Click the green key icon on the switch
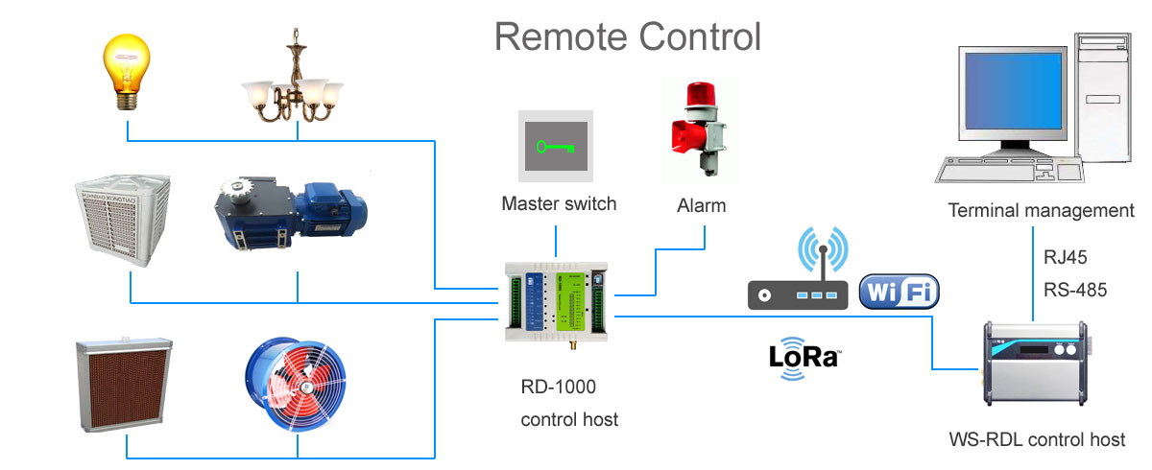point(556,147)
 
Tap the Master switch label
point(558,204)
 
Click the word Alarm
point(702,205)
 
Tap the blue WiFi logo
point(899,292)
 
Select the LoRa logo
point(804,358)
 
